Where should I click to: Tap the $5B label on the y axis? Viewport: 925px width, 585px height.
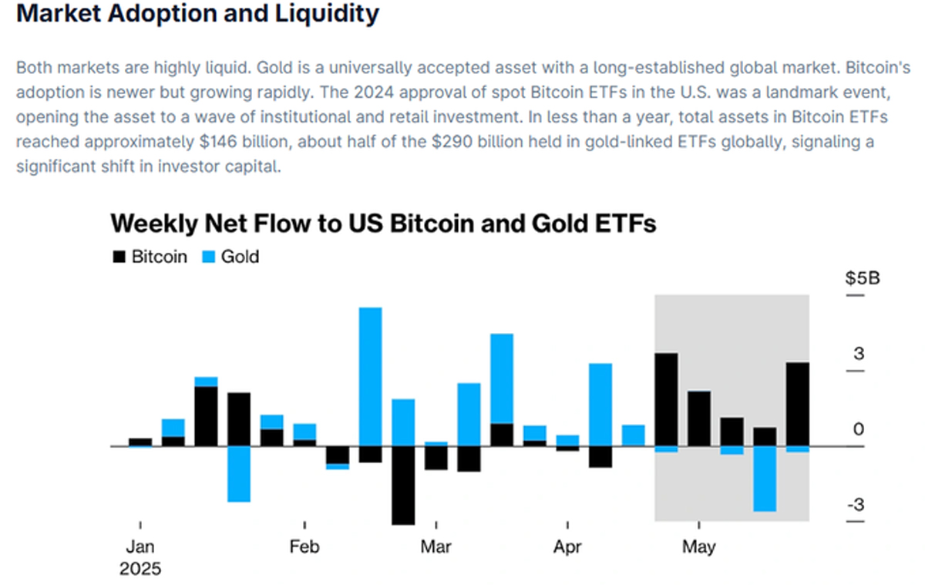(862, 278)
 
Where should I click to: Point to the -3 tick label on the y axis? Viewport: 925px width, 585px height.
(856, 506)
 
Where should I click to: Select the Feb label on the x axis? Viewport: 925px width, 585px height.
(304, 547)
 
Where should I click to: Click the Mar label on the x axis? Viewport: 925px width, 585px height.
(436, 547)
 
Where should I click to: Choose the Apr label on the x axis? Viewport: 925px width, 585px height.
(567, 547)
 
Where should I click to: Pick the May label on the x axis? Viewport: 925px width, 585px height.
(698, 547)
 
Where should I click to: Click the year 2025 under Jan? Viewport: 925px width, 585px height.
(140, 570)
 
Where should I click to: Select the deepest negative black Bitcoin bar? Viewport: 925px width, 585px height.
(403, 485)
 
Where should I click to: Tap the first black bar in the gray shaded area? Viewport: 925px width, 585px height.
(666, 399)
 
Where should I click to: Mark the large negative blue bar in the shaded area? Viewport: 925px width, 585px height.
(765, 479)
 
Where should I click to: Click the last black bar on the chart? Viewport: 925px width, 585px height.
(797, 404)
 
